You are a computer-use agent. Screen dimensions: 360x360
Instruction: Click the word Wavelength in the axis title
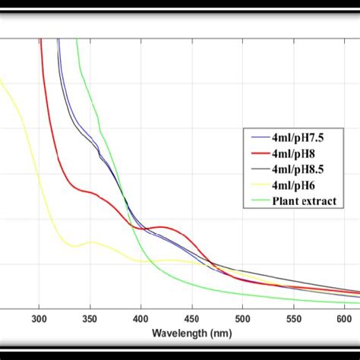[176, 333]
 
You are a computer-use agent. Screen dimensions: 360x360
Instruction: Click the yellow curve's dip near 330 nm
[73, 246]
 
